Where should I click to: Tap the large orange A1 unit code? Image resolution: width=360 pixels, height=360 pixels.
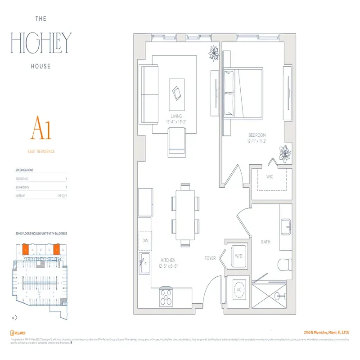(x=41, y=129)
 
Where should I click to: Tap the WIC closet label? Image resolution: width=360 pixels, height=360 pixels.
(x=270, y=177)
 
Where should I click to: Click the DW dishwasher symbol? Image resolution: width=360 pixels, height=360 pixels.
(x=145, y=241)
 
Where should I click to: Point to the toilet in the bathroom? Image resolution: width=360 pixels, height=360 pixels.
(x=284, y=264)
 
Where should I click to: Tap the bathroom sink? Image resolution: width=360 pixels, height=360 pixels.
(x=286, y=227)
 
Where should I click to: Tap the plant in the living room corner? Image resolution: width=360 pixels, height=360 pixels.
(x=214, y=54)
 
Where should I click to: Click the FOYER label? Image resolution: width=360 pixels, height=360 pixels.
(x=210, y=258)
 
